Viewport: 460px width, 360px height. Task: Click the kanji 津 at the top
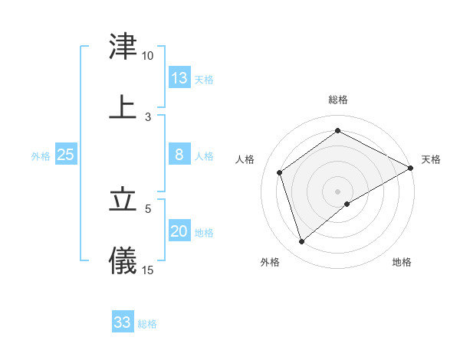coord(123,47)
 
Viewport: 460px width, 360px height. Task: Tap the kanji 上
coord(123,107)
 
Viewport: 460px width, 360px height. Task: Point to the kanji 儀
coord(123,260)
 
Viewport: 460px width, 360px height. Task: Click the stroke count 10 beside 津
coord(148,56)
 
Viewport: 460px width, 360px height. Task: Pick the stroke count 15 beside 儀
coord(148,270)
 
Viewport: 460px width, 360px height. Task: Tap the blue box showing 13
coord(179,78)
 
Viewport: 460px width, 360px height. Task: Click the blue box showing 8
coord(179,155)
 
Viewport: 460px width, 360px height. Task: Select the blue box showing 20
coord(179,231)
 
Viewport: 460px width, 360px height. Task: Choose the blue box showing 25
coord(66,155)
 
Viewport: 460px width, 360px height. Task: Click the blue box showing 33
coord(123,322)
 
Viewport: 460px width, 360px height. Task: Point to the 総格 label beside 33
coord(147,324)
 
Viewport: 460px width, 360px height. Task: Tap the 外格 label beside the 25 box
coord(41,156)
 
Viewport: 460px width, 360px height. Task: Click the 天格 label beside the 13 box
coord(204,80)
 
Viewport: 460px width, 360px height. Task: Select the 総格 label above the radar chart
coord(338,100)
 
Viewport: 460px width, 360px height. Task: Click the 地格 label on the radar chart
coord(402,263)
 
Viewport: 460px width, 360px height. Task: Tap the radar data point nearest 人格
coord(280,172)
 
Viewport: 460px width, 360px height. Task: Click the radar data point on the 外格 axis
coord(302,242)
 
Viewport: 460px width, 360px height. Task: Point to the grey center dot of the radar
coord(338,191)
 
